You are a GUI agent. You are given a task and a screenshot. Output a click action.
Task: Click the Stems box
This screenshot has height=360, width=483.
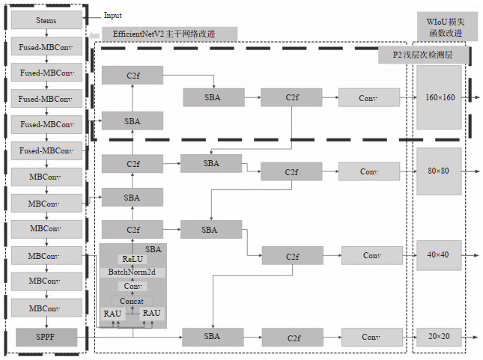coord(46,20)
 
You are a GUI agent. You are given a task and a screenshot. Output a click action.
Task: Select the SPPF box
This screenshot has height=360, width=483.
coord(46,338)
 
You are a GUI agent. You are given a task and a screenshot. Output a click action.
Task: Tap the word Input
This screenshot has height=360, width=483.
coord(112,15)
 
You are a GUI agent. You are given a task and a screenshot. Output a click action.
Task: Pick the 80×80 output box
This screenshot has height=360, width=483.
coord(439,171)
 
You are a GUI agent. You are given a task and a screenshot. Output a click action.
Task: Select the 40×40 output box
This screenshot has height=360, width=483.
coord(439,254)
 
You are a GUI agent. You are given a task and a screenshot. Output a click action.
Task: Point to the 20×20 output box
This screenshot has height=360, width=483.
coord(439,336)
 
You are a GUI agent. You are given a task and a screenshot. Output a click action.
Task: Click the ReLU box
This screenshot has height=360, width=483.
coord(132,259)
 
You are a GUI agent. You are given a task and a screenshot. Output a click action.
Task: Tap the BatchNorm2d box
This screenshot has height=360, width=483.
coord(132,272)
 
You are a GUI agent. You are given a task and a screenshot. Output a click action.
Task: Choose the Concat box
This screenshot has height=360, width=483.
coord(132,300)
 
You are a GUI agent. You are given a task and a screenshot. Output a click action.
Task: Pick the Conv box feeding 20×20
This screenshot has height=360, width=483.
coord(371,337)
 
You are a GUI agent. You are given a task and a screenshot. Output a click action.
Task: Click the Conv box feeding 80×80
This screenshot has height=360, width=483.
coord(368,171)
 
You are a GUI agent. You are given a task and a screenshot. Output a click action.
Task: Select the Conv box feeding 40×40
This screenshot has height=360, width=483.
coord(371,255)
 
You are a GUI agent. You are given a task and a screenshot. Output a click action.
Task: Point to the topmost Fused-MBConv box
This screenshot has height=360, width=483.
coord(46,47)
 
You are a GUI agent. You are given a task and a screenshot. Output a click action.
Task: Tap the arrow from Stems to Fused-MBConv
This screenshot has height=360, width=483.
coord(46,34)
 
